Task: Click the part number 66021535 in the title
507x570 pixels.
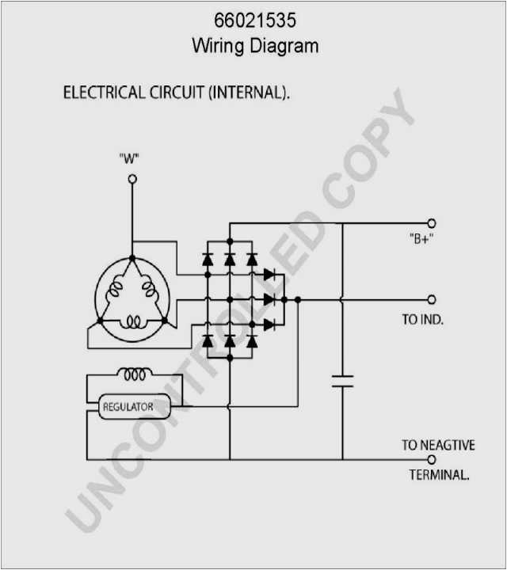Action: [254, 21]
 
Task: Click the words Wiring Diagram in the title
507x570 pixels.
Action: [254, 45]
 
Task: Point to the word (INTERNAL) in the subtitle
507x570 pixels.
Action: [248, 93]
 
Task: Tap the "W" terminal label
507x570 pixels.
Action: [129, 158]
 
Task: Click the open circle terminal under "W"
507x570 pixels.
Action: [132, 180]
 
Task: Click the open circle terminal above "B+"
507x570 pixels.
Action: [432, 224]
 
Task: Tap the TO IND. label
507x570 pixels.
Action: [422, 320]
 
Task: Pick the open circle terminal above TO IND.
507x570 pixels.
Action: [432, 300]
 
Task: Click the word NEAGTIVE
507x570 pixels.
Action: [448, 446]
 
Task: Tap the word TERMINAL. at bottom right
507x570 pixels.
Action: [440, 476]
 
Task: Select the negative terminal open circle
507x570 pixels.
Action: [432, 460]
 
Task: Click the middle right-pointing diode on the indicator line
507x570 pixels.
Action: [269, 299]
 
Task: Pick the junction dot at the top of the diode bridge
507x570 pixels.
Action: [230, 240]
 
